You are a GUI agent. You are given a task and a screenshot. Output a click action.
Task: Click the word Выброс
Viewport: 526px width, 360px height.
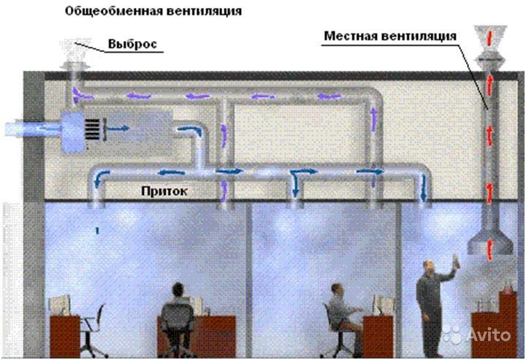coord(132,44)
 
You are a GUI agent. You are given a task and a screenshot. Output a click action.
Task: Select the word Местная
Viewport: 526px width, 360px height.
coord(350,36)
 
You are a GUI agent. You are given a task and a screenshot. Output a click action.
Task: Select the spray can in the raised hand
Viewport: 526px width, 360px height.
coord(456,261)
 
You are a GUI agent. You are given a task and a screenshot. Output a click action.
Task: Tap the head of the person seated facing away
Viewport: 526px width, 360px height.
coord(178,290)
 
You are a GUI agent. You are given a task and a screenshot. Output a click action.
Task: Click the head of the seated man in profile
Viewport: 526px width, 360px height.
coord(337,290)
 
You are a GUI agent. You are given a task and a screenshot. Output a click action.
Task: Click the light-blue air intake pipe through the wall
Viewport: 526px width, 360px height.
coord(33,129)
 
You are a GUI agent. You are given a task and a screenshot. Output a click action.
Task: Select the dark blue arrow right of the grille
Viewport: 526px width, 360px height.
coord(118,128)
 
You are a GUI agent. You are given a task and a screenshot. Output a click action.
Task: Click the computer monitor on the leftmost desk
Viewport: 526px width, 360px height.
coord(60,305)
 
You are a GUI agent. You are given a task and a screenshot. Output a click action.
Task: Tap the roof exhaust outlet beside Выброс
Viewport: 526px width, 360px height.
coord(75,55)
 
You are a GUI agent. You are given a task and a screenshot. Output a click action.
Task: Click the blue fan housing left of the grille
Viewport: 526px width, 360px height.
coord(72,132)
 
